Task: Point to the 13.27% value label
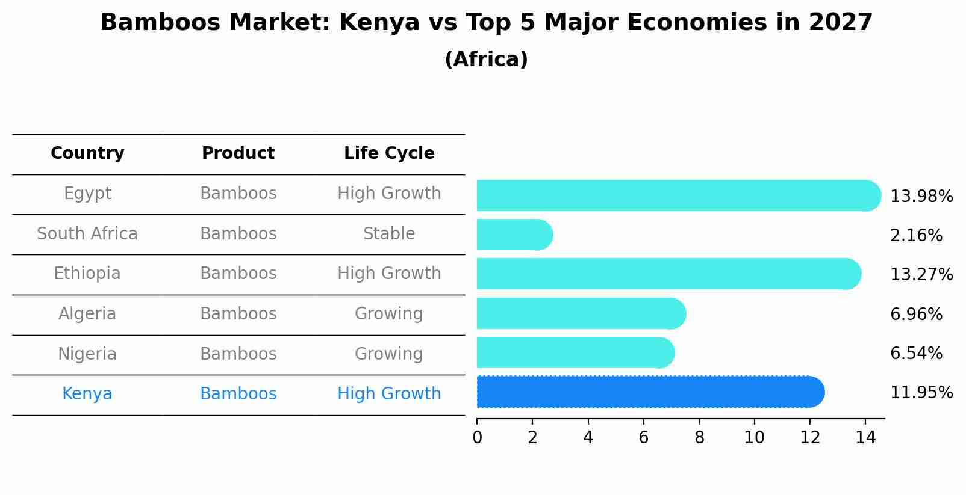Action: click(921, 275)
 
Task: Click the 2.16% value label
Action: click(915, 236)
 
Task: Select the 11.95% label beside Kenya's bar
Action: click(921, 393)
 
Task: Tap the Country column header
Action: click(87, 153)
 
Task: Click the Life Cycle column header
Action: click(389, 153)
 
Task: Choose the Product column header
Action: click(238, 153)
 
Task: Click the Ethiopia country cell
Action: click(87, 274)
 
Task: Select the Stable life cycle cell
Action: click(389, 234)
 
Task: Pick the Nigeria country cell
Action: click(87, 354)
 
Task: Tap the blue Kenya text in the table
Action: click(87, 394)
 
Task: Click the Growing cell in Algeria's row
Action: click(389, 314)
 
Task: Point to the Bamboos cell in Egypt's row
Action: click(238, 194)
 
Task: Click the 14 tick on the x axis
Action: click(865, 438)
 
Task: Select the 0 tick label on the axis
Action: click(477, 438)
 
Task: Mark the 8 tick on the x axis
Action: click(699, 438)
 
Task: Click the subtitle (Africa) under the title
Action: click(486, 60)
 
